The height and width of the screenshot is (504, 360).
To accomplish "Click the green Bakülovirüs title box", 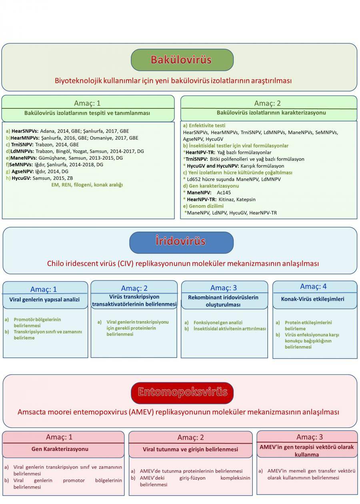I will tap(182, 60).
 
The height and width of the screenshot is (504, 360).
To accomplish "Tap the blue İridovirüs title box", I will tap(181, 242).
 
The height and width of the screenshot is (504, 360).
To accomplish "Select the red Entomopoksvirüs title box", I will tap(182, 392).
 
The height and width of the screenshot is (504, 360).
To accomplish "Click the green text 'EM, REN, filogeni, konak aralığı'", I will tap(87, 185).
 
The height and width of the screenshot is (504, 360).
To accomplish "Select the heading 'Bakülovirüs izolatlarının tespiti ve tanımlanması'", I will tap(87, 113).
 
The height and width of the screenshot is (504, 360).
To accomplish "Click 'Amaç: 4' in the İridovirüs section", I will tap(313, 287).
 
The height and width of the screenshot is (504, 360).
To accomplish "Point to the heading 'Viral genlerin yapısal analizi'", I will tap(45, 299).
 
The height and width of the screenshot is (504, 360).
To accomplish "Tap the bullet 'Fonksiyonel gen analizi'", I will tap(218, 322).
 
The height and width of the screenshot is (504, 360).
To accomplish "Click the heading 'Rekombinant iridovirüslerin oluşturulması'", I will tap(224, 301).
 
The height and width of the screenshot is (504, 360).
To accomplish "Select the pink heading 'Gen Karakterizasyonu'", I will tap(60, 449).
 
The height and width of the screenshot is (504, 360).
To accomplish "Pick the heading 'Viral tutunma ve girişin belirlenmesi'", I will tap(190, 449).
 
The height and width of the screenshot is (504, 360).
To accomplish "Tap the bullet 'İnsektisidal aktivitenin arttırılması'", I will tap(230, 329).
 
